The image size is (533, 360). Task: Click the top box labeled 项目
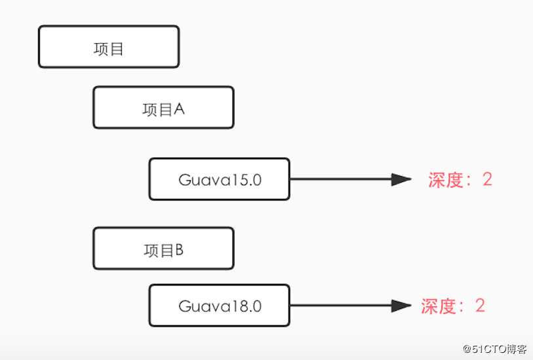108,47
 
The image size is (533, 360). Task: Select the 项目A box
163,108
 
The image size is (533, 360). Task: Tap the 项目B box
163,249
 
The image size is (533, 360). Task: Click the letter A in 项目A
179,109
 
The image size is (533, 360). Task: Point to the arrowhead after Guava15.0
401,179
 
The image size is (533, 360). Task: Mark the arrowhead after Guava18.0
401,306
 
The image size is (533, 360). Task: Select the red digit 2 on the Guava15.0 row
487,179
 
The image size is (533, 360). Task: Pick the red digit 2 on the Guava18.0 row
480,306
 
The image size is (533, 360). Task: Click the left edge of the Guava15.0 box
150,179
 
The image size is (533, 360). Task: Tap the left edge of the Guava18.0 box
150,306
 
